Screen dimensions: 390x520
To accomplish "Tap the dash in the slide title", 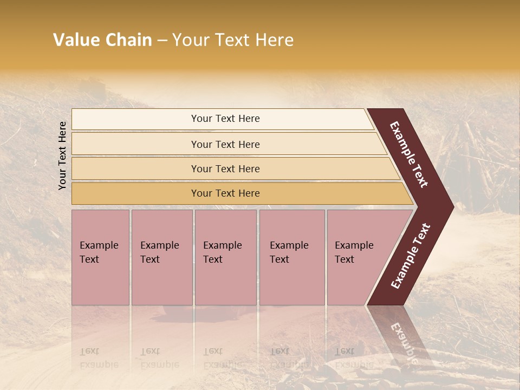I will (x=161, y=41).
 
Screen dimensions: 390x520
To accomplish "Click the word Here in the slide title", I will (x=274, y=40).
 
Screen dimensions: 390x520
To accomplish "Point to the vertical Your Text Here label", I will (x=62, y=155).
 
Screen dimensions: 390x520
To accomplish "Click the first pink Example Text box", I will (x=100, y=257).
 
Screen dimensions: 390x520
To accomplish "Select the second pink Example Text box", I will (x=161, y=257).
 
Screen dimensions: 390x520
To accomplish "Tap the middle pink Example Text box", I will (x=225, y=257).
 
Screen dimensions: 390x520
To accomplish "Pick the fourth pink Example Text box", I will (x=292, y=257).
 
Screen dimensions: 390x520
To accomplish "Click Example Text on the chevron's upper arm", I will (x=409, y=154).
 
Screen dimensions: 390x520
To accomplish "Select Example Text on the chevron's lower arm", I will (x=410, y=256).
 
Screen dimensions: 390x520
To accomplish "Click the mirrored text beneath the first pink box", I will (x=99, y=358).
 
